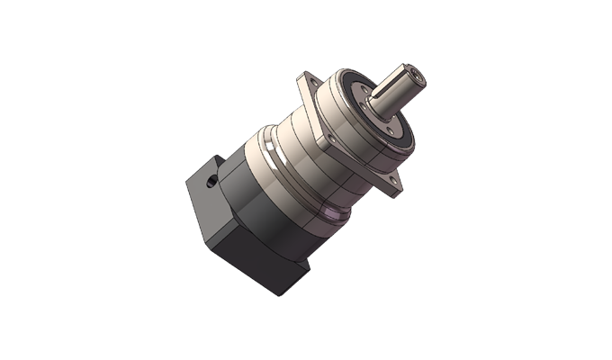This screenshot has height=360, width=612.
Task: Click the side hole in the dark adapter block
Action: (210, 183)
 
